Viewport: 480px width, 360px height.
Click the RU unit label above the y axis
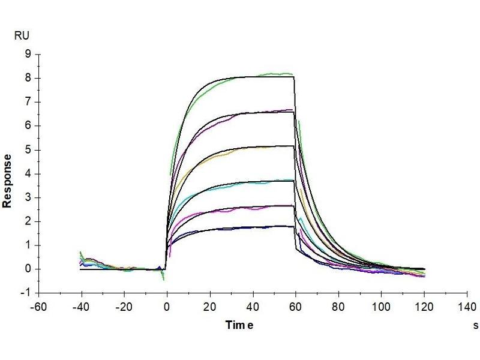point(21,36)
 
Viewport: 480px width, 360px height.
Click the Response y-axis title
point(8,181)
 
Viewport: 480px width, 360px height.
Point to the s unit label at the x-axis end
point(475,326)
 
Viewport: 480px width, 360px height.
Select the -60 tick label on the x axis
point(38,305)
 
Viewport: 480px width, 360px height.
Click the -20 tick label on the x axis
point(124,305)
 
